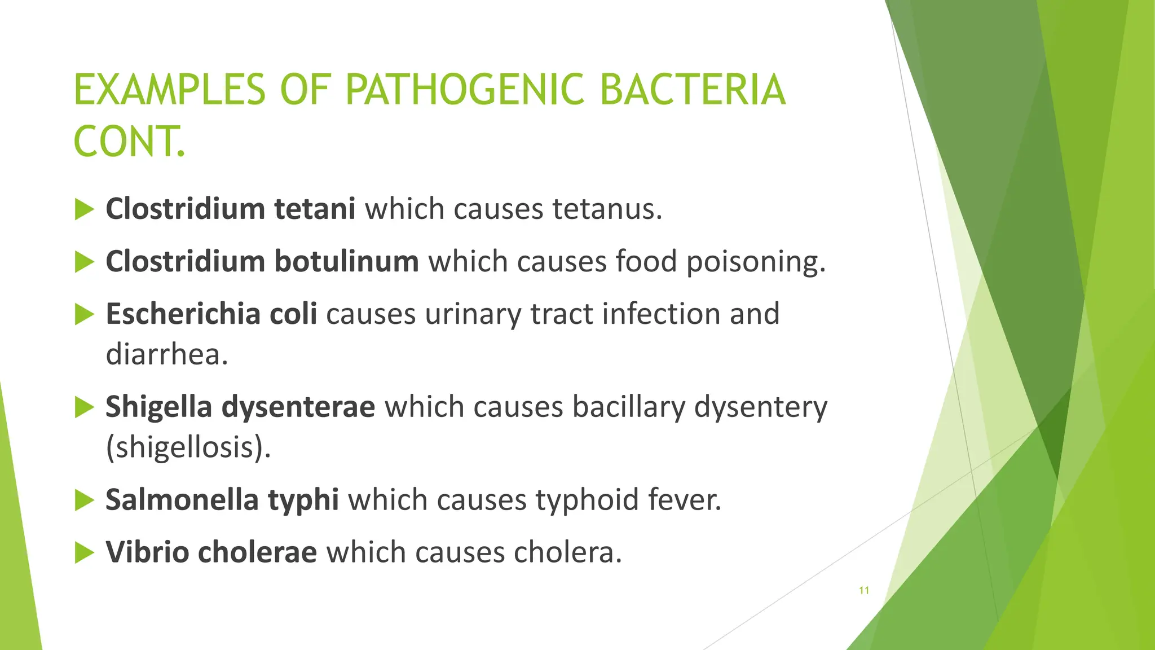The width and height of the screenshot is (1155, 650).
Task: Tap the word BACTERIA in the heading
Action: pyautogui.click(x=692, y=90)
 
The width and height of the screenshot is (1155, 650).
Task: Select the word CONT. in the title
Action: pyautogui.click(x=129, y=142)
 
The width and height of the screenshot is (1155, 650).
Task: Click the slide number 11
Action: pyautogui.click(x=863, y=591)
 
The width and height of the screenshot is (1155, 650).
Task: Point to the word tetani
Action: pyautogui.click(x=315, y=209)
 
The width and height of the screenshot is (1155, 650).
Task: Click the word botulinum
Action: pyautogui.click(x=346, y=261)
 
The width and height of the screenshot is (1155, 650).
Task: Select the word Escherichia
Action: pyautogui.click(x=183, y=314)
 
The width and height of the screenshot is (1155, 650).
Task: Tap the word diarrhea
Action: pyautogui.click(x=167, y=354)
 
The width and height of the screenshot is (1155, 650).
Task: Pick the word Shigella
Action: pyautogui.click(x=158, y=407)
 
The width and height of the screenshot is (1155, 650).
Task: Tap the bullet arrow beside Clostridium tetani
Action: pyautogui.click(x=84, y=209)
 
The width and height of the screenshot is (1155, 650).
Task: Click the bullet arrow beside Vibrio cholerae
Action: pyautogui.click(x=84, y=552)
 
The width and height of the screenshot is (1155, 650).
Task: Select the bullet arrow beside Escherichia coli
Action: pyautogui.click(x=84, y=314)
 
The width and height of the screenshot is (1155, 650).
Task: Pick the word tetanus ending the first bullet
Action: pyautogui.click(x=607, y=209)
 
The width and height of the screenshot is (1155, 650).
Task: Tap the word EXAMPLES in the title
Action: pyautogui.click(x=169, y=90)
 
